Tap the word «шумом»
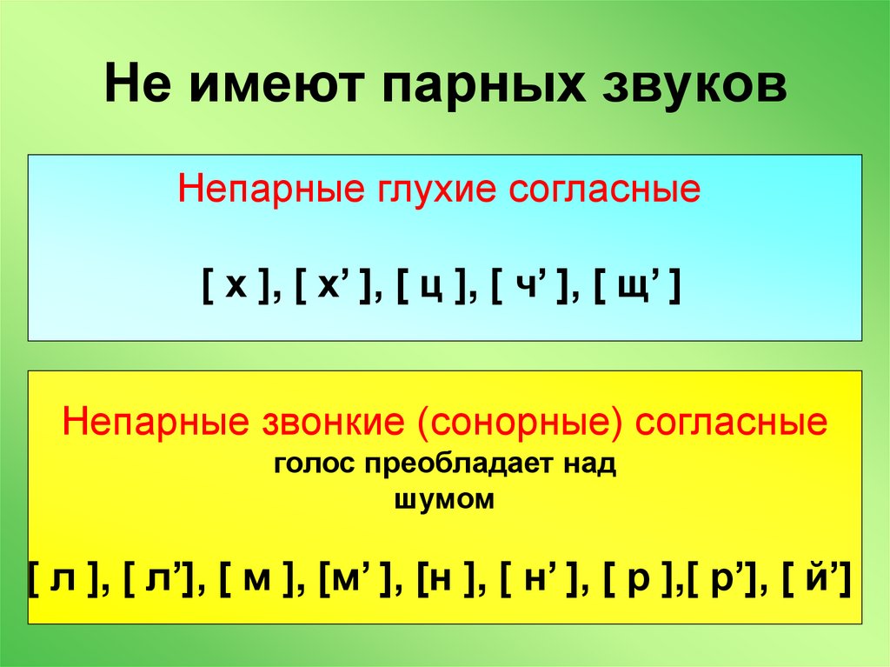[444, 500]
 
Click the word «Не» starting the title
[134, 88]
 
